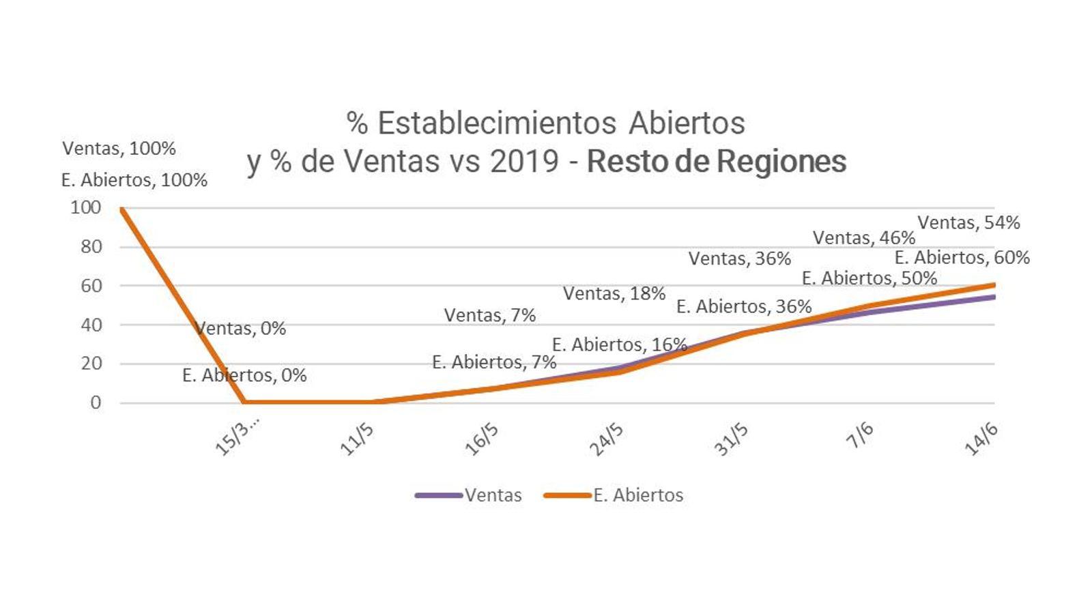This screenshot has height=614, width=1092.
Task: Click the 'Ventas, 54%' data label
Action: (x=968, y=222)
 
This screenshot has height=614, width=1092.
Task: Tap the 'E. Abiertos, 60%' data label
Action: (x=962, y=257)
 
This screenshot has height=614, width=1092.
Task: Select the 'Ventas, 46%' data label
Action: (x=863, y=237)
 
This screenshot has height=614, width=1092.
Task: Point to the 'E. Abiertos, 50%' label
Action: (x=869, y=278)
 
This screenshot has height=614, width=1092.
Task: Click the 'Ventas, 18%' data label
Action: (x=614, y=293)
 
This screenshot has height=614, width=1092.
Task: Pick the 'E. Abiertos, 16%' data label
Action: (x=619, y=345)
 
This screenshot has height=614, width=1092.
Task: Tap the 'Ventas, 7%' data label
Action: (x=489, y=315)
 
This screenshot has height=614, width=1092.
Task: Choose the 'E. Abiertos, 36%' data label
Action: (x=744, y=306)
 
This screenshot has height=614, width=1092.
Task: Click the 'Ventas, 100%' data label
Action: (x=119, y=148)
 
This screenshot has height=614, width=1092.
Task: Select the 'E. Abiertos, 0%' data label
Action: (x=244, y=375)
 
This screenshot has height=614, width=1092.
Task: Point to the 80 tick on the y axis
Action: (x=91, y=247)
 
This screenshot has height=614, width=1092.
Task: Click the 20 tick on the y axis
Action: (x=91, y=364)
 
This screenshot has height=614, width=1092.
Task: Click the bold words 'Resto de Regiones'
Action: (x=717, y=162)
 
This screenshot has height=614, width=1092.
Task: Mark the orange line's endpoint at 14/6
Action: (x=994, y=284)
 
